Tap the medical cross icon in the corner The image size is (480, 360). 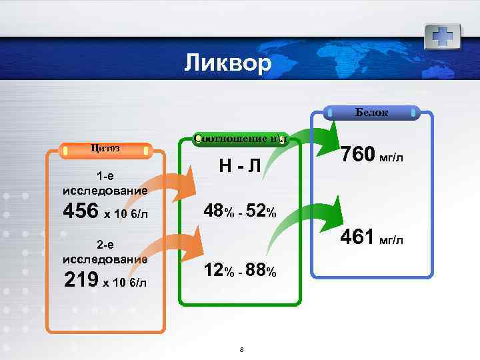coord(443,34)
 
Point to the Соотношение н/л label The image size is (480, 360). coord(240,139)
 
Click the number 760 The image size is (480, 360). coord(358,156)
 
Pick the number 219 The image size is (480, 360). coord(81,279)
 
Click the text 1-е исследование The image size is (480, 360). coord(105,185)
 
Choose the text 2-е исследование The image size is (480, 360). coord(105,252)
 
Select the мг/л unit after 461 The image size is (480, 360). coord(391,240)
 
